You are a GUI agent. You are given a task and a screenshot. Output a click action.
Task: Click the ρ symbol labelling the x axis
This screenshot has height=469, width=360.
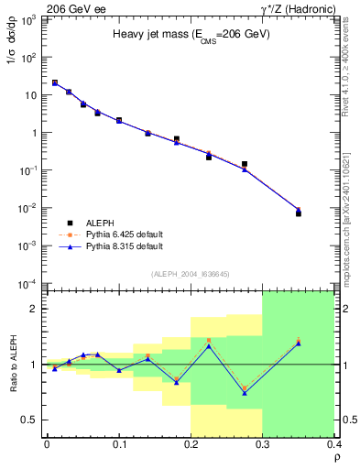pyautogui.click(x=337, y=458)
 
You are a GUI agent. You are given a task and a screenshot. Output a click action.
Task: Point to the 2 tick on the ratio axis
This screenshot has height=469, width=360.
pyautogui.click(x=36, y=309)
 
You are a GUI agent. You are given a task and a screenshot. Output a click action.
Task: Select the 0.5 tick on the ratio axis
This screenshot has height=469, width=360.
pyautogui.click(x=33, y=420)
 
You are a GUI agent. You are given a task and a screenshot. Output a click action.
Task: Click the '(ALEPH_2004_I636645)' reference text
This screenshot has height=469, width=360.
pyautogui.click(x=191, y=274)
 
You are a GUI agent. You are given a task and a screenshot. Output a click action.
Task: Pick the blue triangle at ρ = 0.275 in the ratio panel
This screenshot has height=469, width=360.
pyautogui.click(x=245, y=393)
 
